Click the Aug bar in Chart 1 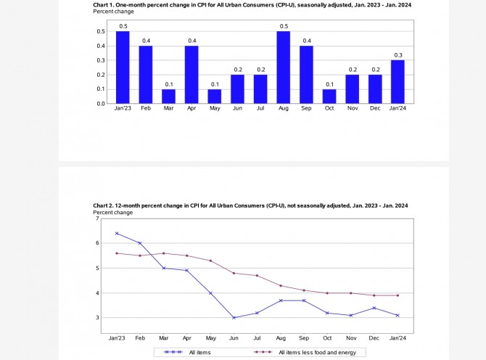283,67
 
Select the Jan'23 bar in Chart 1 123,67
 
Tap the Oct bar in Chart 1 329,96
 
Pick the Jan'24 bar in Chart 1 398,81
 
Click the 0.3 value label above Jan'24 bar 398,54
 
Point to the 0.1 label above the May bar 214,83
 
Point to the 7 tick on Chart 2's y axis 97,218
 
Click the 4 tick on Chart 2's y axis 97,293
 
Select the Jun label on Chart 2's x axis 234,338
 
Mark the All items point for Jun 234,317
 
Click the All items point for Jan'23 116,234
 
